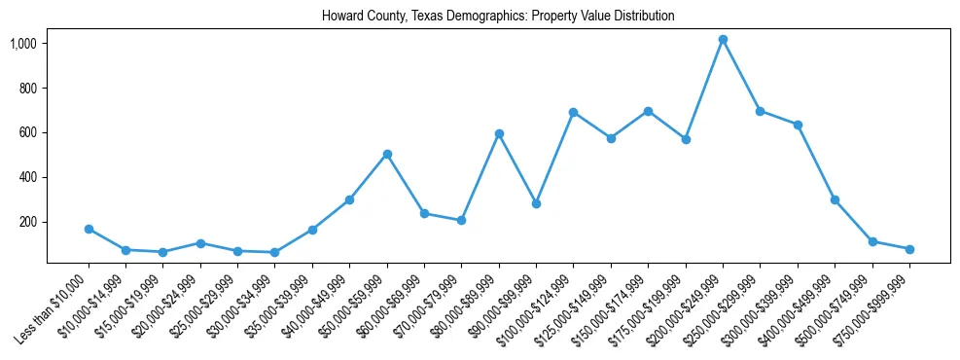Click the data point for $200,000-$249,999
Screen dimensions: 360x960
(x=723, y=40)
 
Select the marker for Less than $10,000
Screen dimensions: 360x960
(x=89, y=230)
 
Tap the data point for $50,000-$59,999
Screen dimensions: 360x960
(x=387, y=154)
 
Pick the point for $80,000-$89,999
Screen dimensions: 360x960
(x=499, y=133)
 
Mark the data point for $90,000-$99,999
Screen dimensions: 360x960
(x=536, y=203)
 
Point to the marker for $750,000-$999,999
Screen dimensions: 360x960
(x=909, y=249)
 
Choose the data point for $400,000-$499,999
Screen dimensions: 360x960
(x=835, y=199)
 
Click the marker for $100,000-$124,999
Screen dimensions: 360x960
(x=574, y=112)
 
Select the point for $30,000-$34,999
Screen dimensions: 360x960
(x=275, y=253)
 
